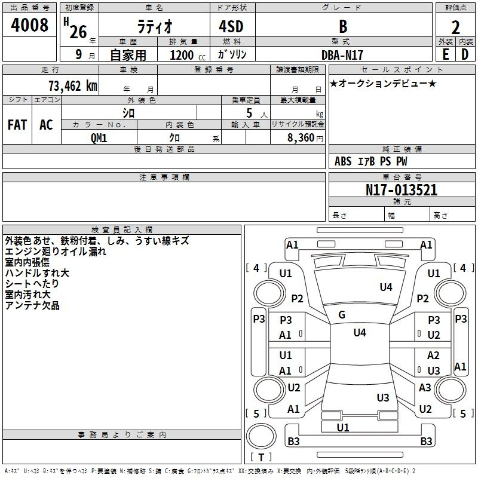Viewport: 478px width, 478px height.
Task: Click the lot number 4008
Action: pos(29,24)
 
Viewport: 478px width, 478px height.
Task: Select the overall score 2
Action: pos(455,27)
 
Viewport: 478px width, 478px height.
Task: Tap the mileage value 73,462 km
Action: pos(73,85)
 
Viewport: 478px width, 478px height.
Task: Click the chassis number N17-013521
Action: pos(402,190)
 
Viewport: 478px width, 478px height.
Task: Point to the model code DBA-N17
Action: pos(342,55)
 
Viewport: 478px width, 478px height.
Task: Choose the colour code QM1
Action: pos(99,138)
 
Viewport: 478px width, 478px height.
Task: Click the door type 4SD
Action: pos(231,26)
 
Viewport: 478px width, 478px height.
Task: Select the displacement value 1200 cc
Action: pos(188,55)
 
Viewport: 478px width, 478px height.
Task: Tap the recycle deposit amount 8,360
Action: pos(301,138)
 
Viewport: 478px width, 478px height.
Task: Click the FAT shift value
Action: pos(17,125)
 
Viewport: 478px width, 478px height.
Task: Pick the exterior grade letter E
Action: pos(445,54)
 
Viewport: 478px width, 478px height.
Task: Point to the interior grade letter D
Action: pos(465,54)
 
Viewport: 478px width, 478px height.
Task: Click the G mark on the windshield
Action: pos(342,315)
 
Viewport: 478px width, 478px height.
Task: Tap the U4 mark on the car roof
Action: pos(360,332)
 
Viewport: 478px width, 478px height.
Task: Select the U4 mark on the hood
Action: pos(386,287)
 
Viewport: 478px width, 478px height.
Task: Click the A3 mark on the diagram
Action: pos(425,387)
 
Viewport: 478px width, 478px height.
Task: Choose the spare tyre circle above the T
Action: pos(261,436)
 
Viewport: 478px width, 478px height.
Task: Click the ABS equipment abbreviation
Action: pos(343,161)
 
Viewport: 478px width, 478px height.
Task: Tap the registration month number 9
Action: pos(79,54)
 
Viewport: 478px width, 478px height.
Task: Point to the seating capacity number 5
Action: pos(249,113)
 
